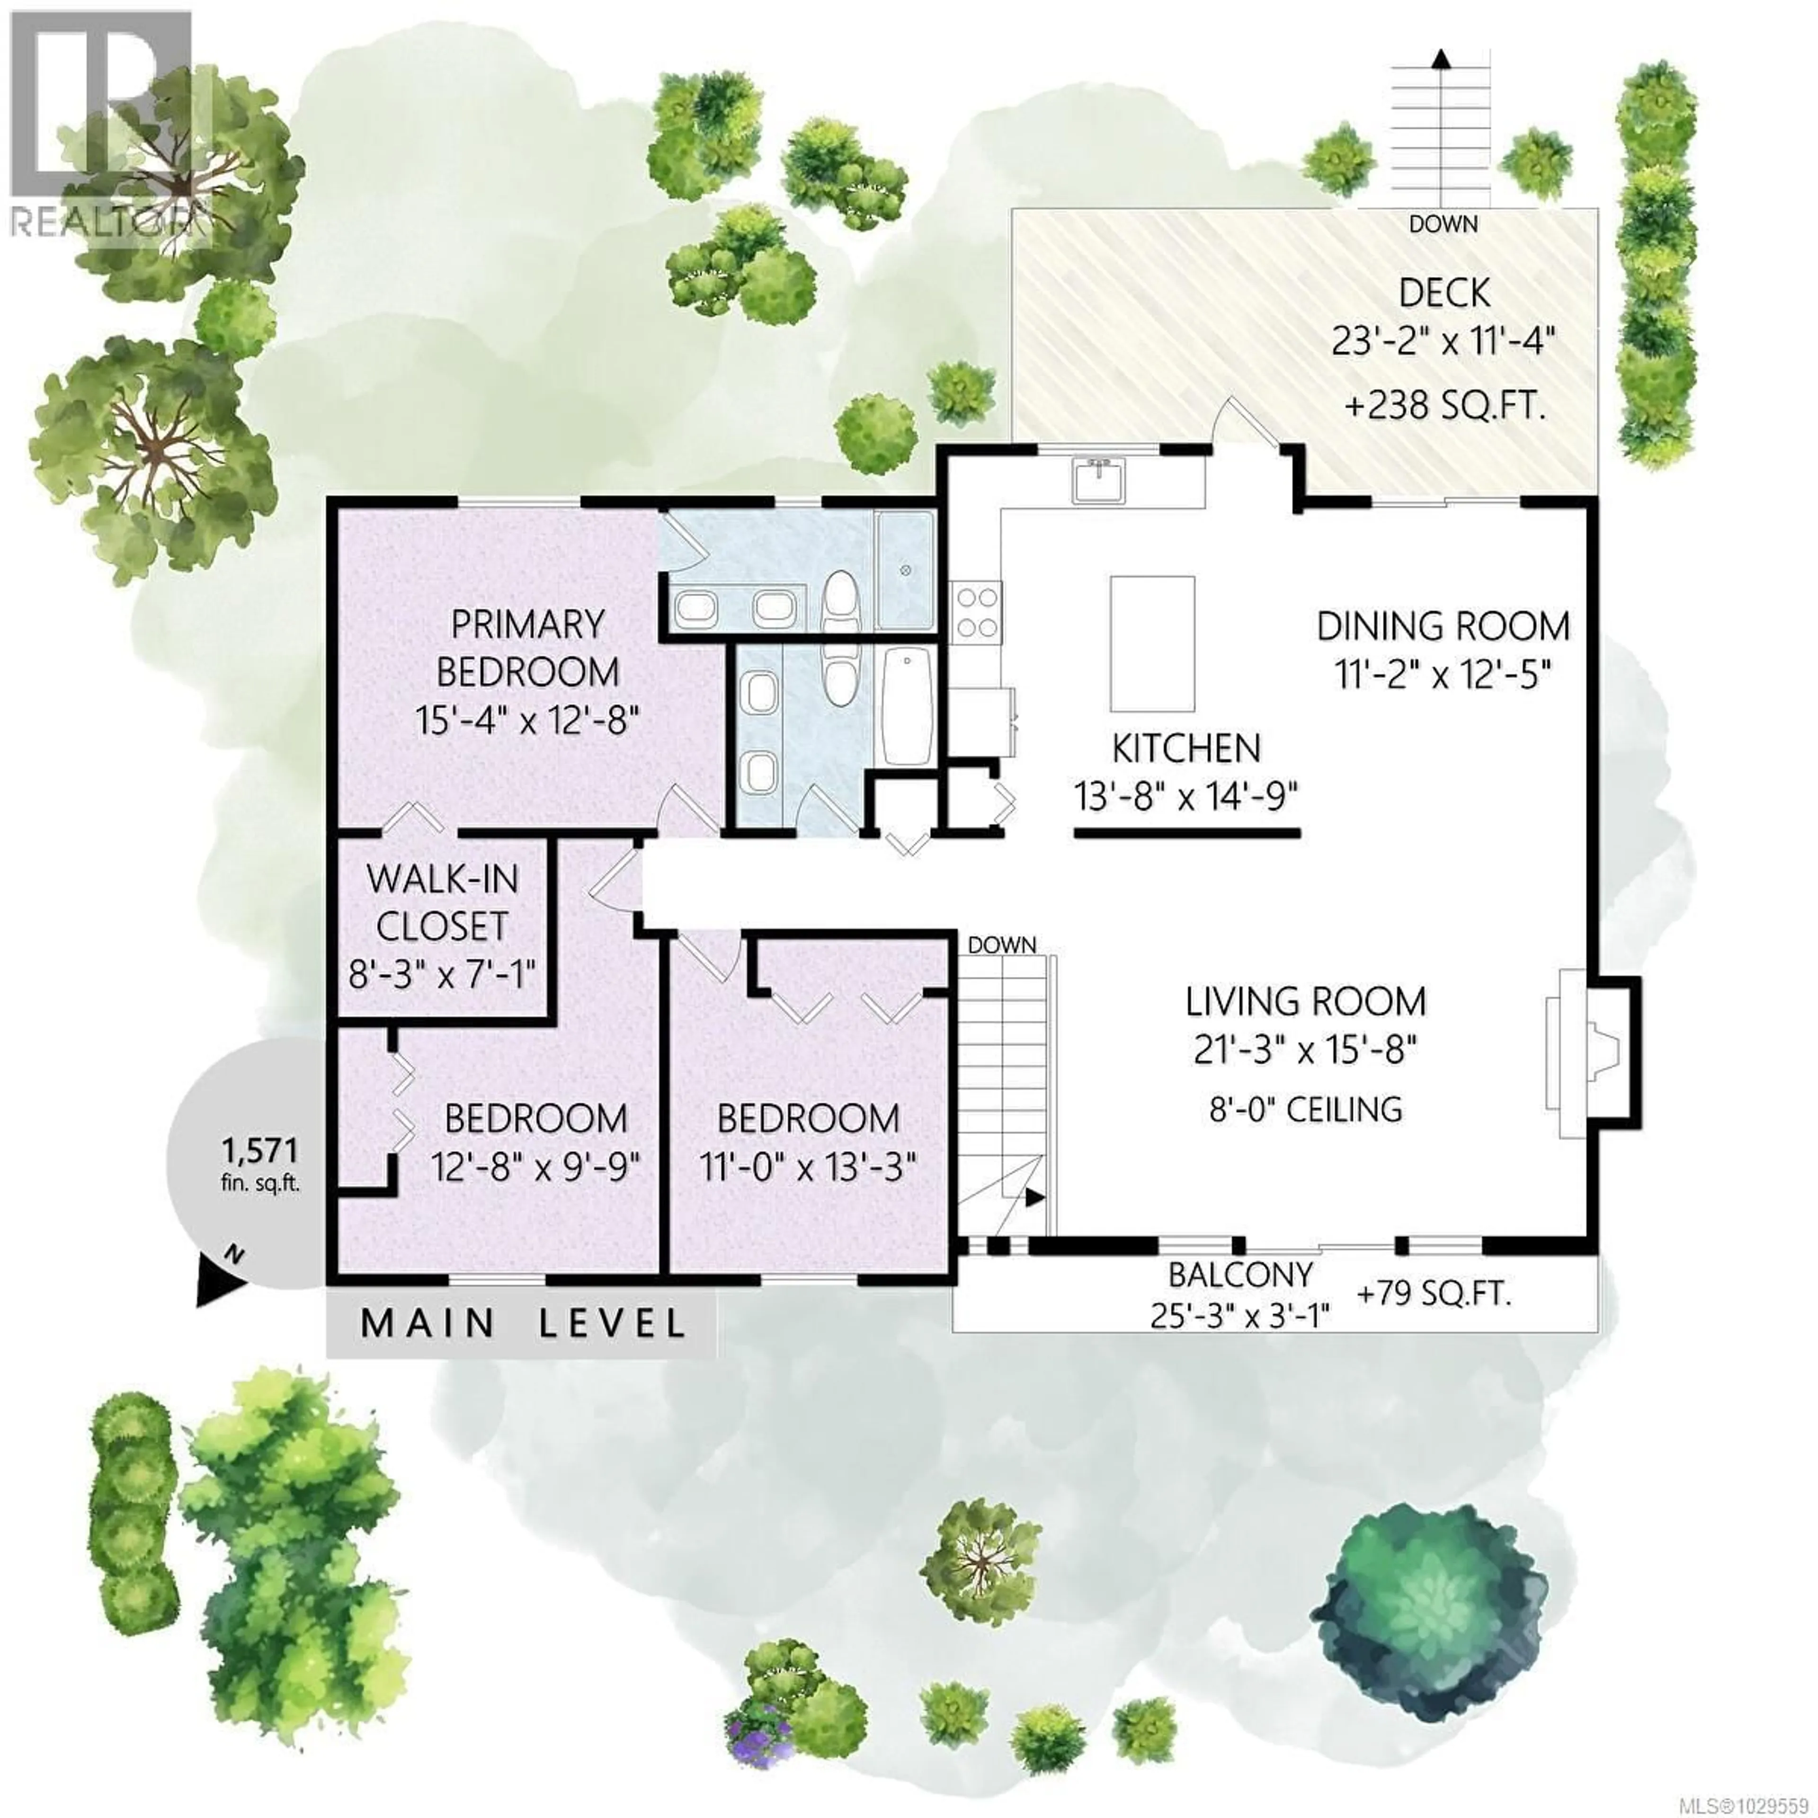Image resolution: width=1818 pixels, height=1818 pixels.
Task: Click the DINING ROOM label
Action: click(x=1443, y=626)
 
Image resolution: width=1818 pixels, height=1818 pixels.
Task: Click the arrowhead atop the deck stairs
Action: click(x=1440, y=58)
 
